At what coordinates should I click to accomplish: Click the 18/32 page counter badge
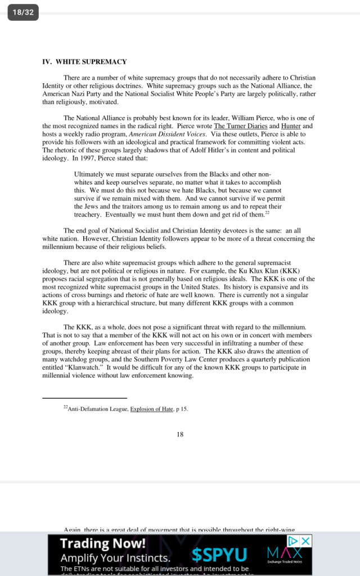point(22,12)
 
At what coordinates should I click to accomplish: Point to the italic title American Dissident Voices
point(161,134)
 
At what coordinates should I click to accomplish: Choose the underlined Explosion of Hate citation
point(151,409)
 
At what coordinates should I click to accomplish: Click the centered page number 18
point(180,434)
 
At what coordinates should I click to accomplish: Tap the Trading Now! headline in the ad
point(103,543)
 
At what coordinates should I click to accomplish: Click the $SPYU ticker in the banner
point(219,556)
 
